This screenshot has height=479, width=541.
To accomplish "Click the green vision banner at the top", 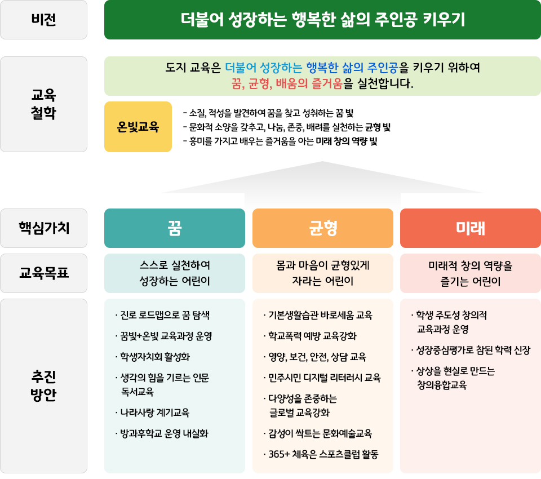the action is point(322,20).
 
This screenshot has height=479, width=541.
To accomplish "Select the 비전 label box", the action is point(43,20).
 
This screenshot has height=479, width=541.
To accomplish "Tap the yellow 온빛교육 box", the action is point(138,127).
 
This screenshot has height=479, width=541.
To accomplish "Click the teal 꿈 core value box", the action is point(175,228).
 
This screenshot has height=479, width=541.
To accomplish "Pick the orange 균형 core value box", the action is point(322,228).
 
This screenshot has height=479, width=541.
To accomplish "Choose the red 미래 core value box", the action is point(470,228).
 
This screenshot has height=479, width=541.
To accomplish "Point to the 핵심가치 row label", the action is point(43,228).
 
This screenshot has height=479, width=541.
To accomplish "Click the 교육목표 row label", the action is point(43,273).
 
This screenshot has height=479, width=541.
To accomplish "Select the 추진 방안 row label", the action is point(43,386).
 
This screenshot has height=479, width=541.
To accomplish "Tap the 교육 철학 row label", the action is point(43,104).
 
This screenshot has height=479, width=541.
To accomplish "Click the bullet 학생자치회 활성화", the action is point(153,357).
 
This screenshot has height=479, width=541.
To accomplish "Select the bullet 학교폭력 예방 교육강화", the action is point(310,336).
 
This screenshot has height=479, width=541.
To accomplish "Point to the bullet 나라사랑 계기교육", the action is point(153,413).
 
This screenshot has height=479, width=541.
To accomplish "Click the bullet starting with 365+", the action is point(321,455).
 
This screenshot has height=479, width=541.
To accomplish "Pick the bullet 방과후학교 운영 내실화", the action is point(162,434).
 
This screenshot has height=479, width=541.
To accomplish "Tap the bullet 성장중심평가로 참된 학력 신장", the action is point(471,351).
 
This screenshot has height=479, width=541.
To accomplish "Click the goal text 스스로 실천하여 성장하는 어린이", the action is point(175,273).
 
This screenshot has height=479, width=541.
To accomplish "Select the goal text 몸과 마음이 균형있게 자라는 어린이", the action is point(322,273).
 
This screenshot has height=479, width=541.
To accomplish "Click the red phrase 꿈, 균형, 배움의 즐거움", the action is point(287,84).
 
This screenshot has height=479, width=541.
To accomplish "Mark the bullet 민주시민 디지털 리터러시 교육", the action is point(322,378).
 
